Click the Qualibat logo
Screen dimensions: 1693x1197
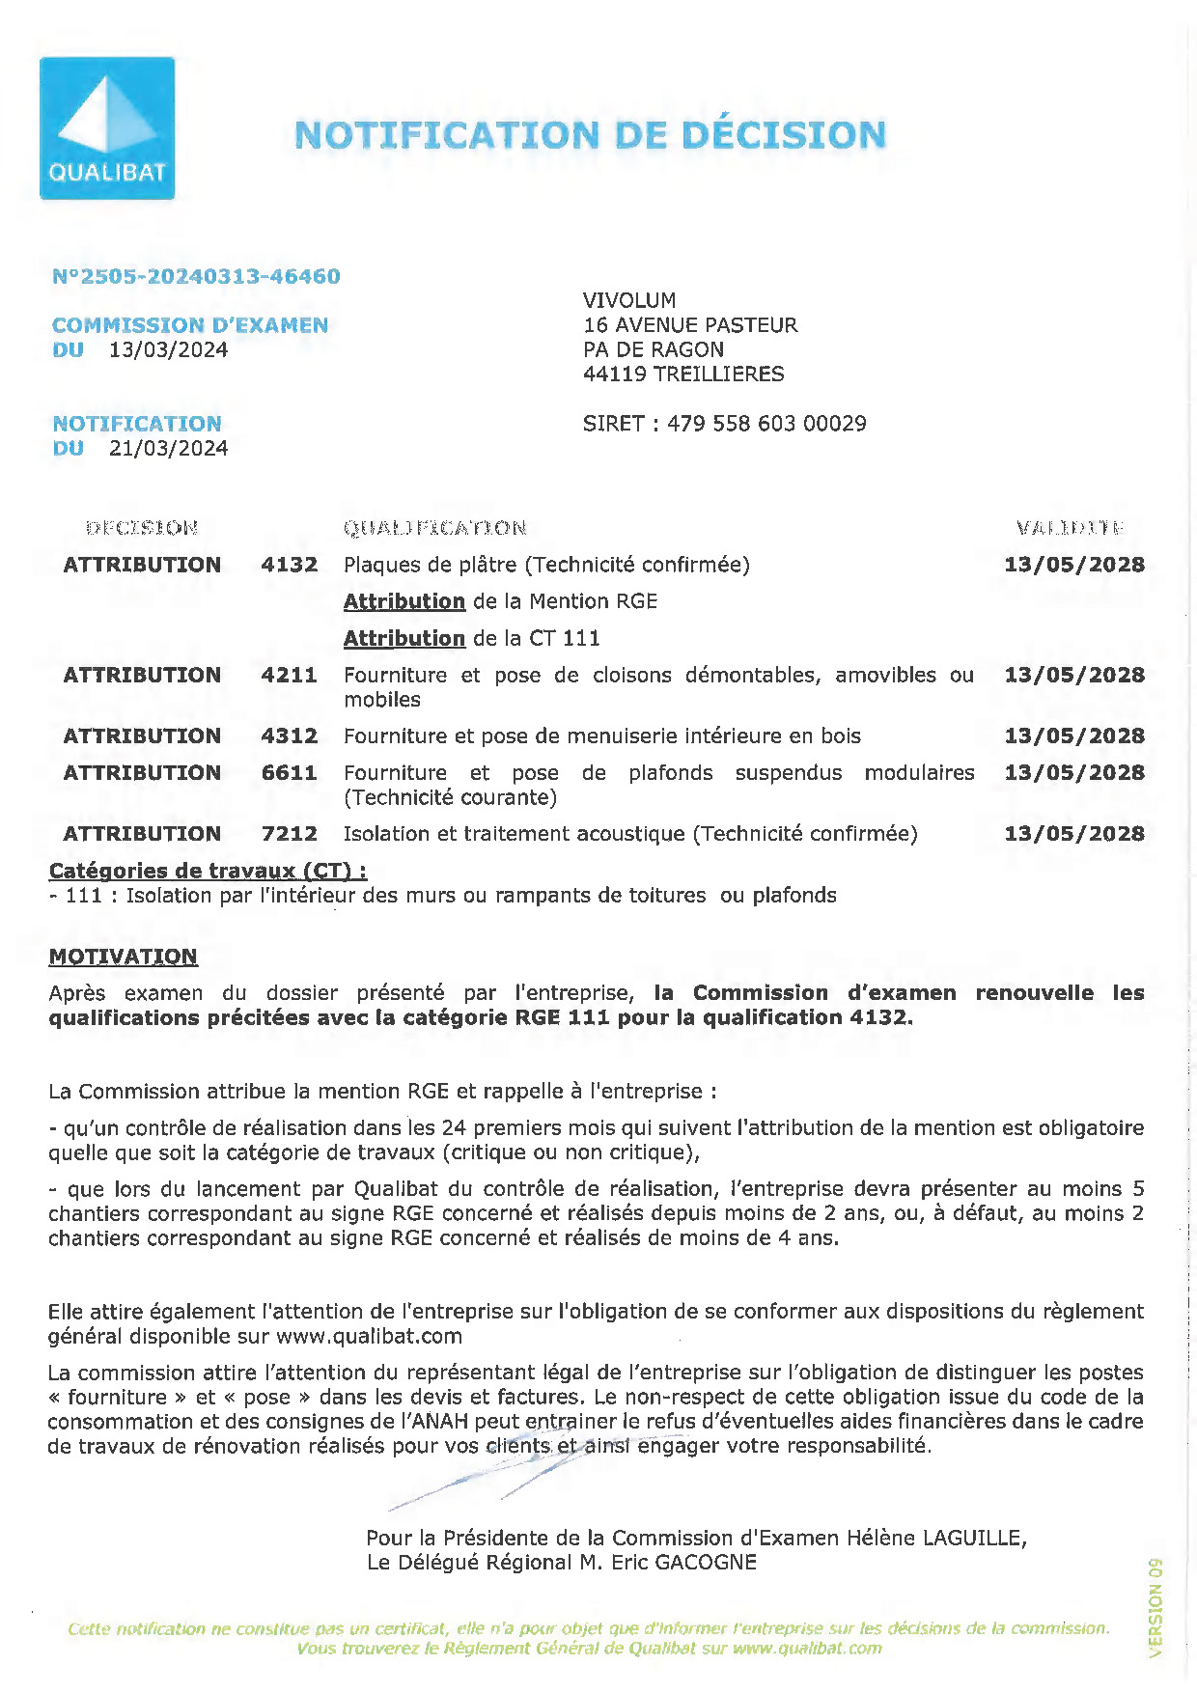point(107,128)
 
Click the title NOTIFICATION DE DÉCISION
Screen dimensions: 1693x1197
point(590,135)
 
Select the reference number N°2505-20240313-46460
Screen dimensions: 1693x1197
point(196,276)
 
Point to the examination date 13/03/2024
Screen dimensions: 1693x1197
point(169,349)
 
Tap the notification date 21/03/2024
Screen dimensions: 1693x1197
point(169,448)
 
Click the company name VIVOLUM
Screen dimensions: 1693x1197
point(629,300)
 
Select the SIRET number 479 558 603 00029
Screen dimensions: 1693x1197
point(766,424)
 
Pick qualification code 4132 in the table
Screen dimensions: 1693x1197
point(289,565)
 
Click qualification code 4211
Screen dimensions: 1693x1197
point(289,675)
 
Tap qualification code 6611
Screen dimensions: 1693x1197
point(289,773)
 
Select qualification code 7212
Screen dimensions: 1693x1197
point(289,834)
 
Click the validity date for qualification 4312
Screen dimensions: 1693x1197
point(1074,735)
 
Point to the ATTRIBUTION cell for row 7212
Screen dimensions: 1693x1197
point(142,834)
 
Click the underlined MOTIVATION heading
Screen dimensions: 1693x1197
point(123,957)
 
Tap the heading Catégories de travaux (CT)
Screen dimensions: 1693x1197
point(207,871)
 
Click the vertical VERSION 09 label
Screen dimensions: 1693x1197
point(1155,1607)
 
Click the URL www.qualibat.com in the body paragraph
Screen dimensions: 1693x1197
point(369,1336)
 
